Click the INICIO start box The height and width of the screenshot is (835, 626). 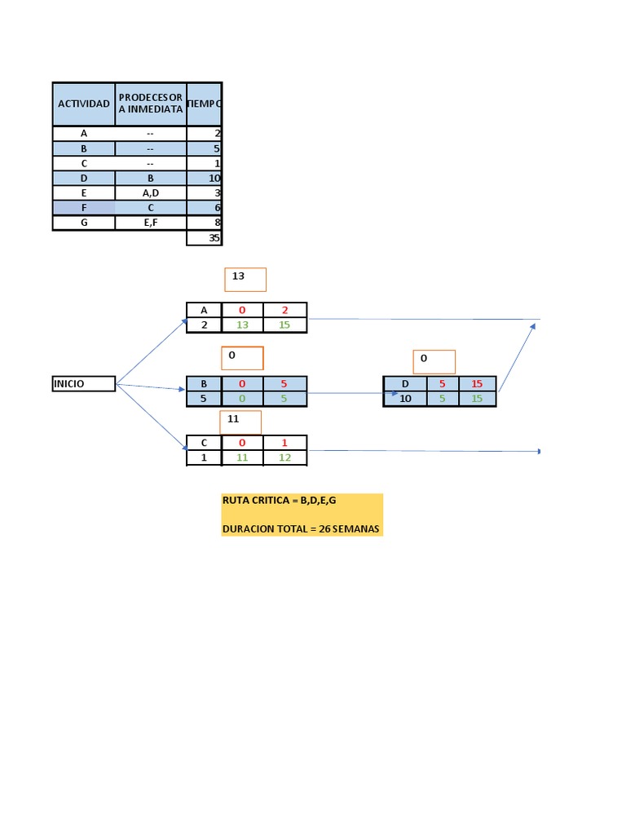tap(83, 383)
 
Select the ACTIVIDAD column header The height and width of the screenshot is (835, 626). tap(83, 104)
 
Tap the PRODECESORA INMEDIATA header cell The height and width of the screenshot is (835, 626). tap(151, 104)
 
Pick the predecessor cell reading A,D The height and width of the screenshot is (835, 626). tap(151, 192)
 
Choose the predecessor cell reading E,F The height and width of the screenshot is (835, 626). tap(151, 222)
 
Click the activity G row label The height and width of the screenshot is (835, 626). tap(83, 222)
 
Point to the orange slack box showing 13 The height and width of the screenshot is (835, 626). tap(245, 279)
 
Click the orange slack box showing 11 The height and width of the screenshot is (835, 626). tap(240, 422)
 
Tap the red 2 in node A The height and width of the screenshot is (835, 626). tap(285, 310)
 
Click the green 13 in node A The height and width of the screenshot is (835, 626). tap(242, 325)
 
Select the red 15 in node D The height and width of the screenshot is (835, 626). tap(477, 383)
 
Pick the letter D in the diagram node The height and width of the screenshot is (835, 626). tap(405, 383)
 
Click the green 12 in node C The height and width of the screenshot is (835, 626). tap(285, 458)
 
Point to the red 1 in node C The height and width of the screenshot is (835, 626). tap(285, 443)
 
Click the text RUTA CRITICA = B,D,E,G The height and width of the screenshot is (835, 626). tap(279, 499)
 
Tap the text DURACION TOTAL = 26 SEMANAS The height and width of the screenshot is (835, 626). tap(300, 529)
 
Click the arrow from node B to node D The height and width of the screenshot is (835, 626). tap(346, 394)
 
